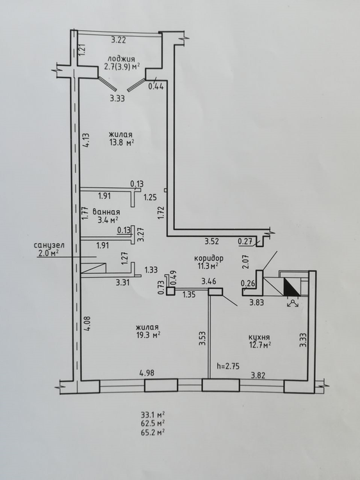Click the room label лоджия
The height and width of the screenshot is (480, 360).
[121, 59]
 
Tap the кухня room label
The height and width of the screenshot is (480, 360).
[259, 337]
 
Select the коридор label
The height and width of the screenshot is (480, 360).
[209, 258]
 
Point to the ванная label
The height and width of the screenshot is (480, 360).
[106, 212]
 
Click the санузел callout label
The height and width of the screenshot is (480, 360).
[49, 245]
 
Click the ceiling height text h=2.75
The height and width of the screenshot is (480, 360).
[227, 366]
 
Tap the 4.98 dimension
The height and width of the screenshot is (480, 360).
[147, 373]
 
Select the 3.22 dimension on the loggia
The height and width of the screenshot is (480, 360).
[119, 40]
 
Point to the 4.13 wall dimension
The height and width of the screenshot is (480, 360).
[86, 140]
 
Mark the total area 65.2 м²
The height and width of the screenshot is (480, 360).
[153, 432]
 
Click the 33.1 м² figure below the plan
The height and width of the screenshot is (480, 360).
[153, 415]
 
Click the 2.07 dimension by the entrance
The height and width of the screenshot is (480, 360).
[245, 262]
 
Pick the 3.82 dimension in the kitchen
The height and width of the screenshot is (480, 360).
[258, 375]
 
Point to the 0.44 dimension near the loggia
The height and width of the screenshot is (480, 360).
[156, 86]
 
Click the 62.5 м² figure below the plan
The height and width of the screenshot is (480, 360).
[153, 424]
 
